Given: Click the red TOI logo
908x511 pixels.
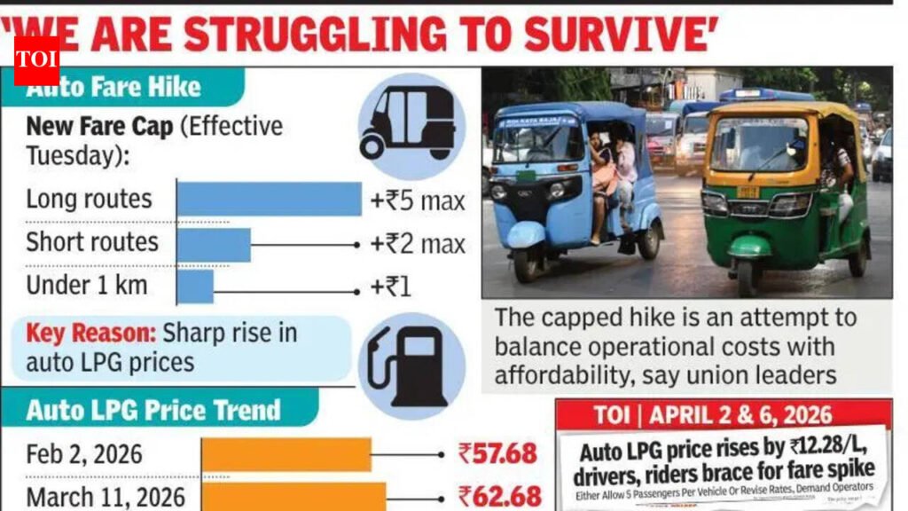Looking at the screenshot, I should pos(36,60).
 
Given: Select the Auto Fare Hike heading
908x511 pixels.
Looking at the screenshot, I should pos(113,87).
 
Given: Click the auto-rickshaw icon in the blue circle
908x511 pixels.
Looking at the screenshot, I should pos(406,126).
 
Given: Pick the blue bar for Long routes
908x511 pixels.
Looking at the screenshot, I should pos(269,200).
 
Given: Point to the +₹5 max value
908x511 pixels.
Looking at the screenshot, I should pos(417,201).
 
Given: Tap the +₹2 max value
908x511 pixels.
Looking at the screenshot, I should pos(417,244).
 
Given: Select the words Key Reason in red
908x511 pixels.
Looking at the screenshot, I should pos(89,334).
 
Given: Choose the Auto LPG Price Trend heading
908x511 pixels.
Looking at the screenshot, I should pos(153,411).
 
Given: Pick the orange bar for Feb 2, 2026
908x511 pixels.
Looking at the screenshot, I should pos(286,454).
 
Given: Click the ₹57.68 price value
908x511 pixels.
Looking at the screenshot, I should pos(497,454).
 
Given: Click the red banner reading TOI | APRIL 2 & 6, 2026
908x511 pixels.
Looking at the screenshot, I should pos(724,414).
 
